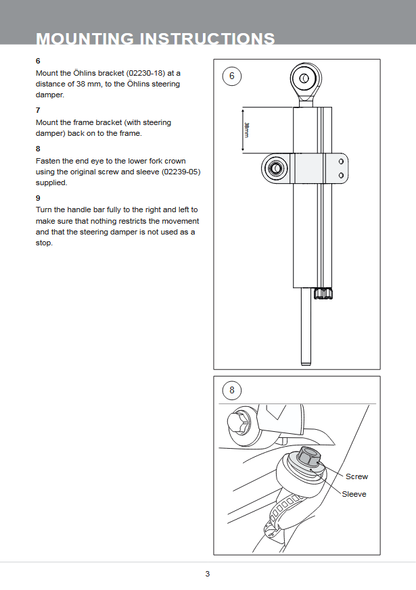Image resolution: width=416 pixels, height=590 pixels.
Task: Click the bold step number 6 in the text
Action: coord(38,61)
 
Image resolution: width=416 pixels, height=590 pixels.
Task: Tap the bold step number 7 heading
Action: coord(38,109)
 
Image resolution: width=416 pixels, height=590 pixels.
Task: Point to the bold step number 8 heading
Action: coord(38,148)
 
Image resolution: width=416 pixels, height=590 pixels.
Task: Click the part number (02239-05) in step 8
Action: coord(181,172)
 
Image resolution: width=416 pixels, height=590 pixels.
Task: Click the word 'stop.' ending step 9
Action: coord(44,243)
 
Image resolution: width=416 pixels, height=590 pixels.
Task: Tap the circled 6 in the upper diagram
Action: coord(232,76)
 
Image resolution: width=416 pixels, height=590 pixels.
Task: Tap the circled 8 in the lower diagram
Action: coord(232,390)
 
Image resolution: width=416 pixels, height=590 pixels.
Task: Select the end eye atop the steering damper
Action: coord(303,79)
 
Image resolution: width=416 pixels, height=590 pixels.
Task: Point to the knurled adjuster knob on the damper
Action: coord(323,293)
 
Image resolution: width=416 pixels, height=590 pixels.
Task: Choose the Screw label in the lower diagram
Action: coord(356,476)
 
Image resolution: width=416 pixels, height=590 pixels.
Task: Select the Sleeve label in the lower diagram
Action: coord(354,494)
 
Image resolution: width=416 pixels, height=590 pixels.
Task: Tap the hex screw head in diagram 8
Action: coord(308,458)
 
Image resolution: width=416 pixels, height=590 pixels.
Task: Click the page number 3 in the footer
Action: coord(208,574)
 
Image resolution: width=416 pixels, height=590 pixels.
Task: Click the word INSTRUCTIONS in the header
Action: coord(206,39)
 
